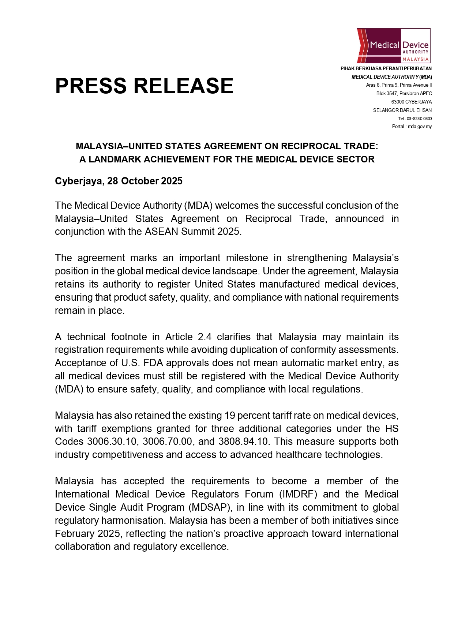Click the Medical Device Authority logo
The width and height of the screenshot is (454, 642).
tap(393, 46)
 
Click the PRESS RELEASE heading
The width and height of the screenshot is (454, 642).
tap(144, 86)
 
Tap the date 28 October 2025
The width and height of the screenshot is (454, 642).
tap(145, 181)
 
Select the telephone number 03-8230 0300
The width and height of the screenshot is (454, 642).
tap(419, 119)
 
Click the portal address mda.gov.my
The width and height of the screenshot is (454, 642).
tap(420, 127)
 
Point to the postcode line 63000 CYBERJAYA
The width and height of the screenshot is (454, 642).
tap(411, 102)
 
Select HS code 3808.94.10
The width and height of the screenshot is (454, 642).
tap(243, 442)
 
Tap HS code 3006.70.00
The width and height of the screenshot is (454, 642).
tap(167, 442)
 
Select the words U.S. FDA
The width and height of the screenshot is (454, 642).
tap(137, 363)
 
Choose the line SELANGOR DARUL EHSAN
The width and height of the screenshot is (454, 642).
tap(402, 110)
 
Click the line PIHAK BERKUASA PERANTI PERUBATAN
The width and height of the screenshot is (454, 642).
tap(386, 68)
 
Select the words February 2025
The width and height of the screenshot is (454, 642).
tap(87, 534)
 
